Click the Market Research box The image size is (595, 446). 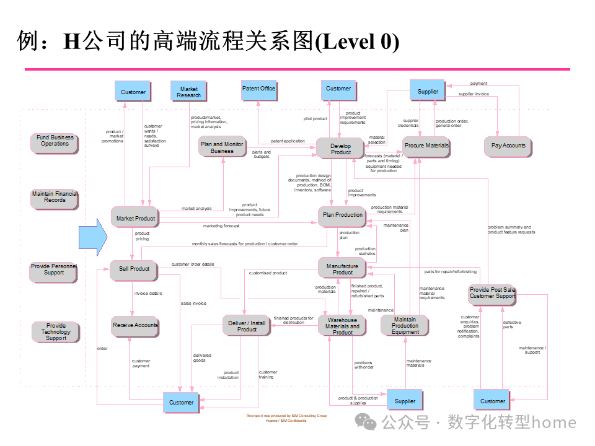pyautogui.click(x=188, y=92)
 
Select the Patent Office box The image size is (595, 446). pyautogui.click(x=258, y=89)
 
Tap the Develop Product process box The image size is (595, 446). pyautogui.click(x=340, y=149)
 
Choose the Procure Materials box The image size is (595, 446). pyautogui.click(x=426, y=146)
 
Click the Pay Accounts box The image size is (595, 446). pyautogui.click(x=508, y=146)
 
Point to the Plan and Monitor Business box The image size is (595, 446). pyautogui.click(x=222, y=147)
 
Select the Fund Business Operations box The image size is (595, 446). pyautogui.click(x=55, y=141)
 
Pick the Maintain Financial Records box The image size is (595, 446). pyautogui.click(x=55, y=197)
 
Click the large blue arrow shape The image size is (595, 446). pyautogui.click(x=93, y=235)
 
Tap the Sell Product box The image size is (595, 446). pyautogui.click(x=134, y=269)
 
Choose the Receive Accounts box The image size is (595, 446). pyautogui.click(x=135, y=325)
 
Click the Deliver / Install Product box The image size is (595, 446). pyautogui.click(x=247, y=326)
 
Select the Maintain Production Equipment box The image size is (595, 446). pyautogui.click(x=405, y=326)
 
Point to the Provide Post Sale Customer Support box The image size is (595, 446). pyautogui.click(x=492, y=293)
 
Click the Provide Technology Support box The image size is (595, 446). pyautogui.click(x=56, y=332)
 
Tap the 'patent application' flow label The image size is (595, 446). pyautogui.click(x=288, y=141)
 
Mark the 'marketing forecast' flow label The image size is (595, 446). pyautogui.click(x=221, y=226)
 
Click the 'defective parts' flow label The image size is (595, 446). pyautogui.click(x=512, y=325)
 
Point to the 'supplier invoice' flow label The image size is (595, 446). pyautogui.click(x=474, y=94)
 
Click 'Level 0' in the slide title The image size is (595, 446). pyautogui.click(x=358, y=42)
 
